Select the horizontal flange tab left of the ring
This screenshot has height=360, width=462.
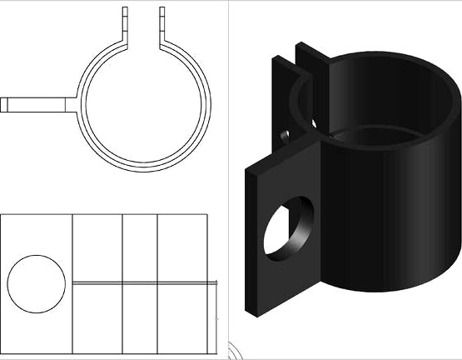pyautogui.click(x=37, y=104)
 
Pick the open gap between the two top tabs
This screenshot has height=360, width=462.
pyautogui.click(x=144, y=21)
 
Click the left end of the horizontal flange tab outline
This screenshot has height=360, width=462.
pyautogui.click(x=2, y=104)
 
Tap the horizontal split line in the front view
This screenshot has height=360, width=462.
pyautogui.click(x=142, y=283)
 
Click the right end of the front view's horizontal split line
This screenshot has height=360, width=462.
pyautogui.click(x=216, y=283)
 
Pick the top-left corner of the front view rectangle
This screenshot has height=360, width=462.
pyautogui.click(x=2, y=215)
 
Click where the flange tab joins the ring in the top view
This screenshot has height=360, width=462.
pyautogui.click(x=77, y=104)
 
